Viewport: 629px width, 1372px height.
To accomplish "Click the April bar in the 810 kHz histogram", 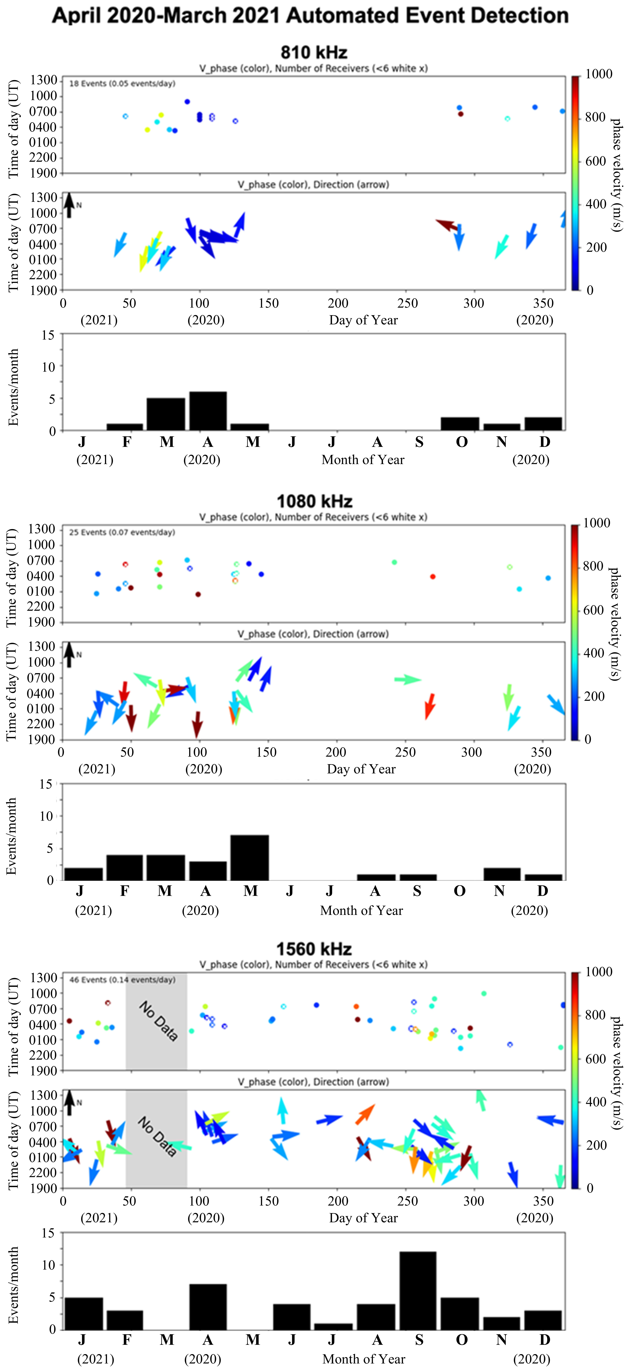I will (208, 411).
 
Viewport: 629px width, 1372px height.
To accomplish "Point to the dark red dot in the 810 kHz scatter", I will (461, 114).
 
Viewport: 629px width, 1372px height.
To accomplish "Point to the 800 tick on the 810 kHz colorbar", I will (595, 117).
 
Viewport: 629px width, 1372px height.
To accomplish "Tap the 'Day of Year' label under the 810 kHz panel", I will (363, 320).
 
